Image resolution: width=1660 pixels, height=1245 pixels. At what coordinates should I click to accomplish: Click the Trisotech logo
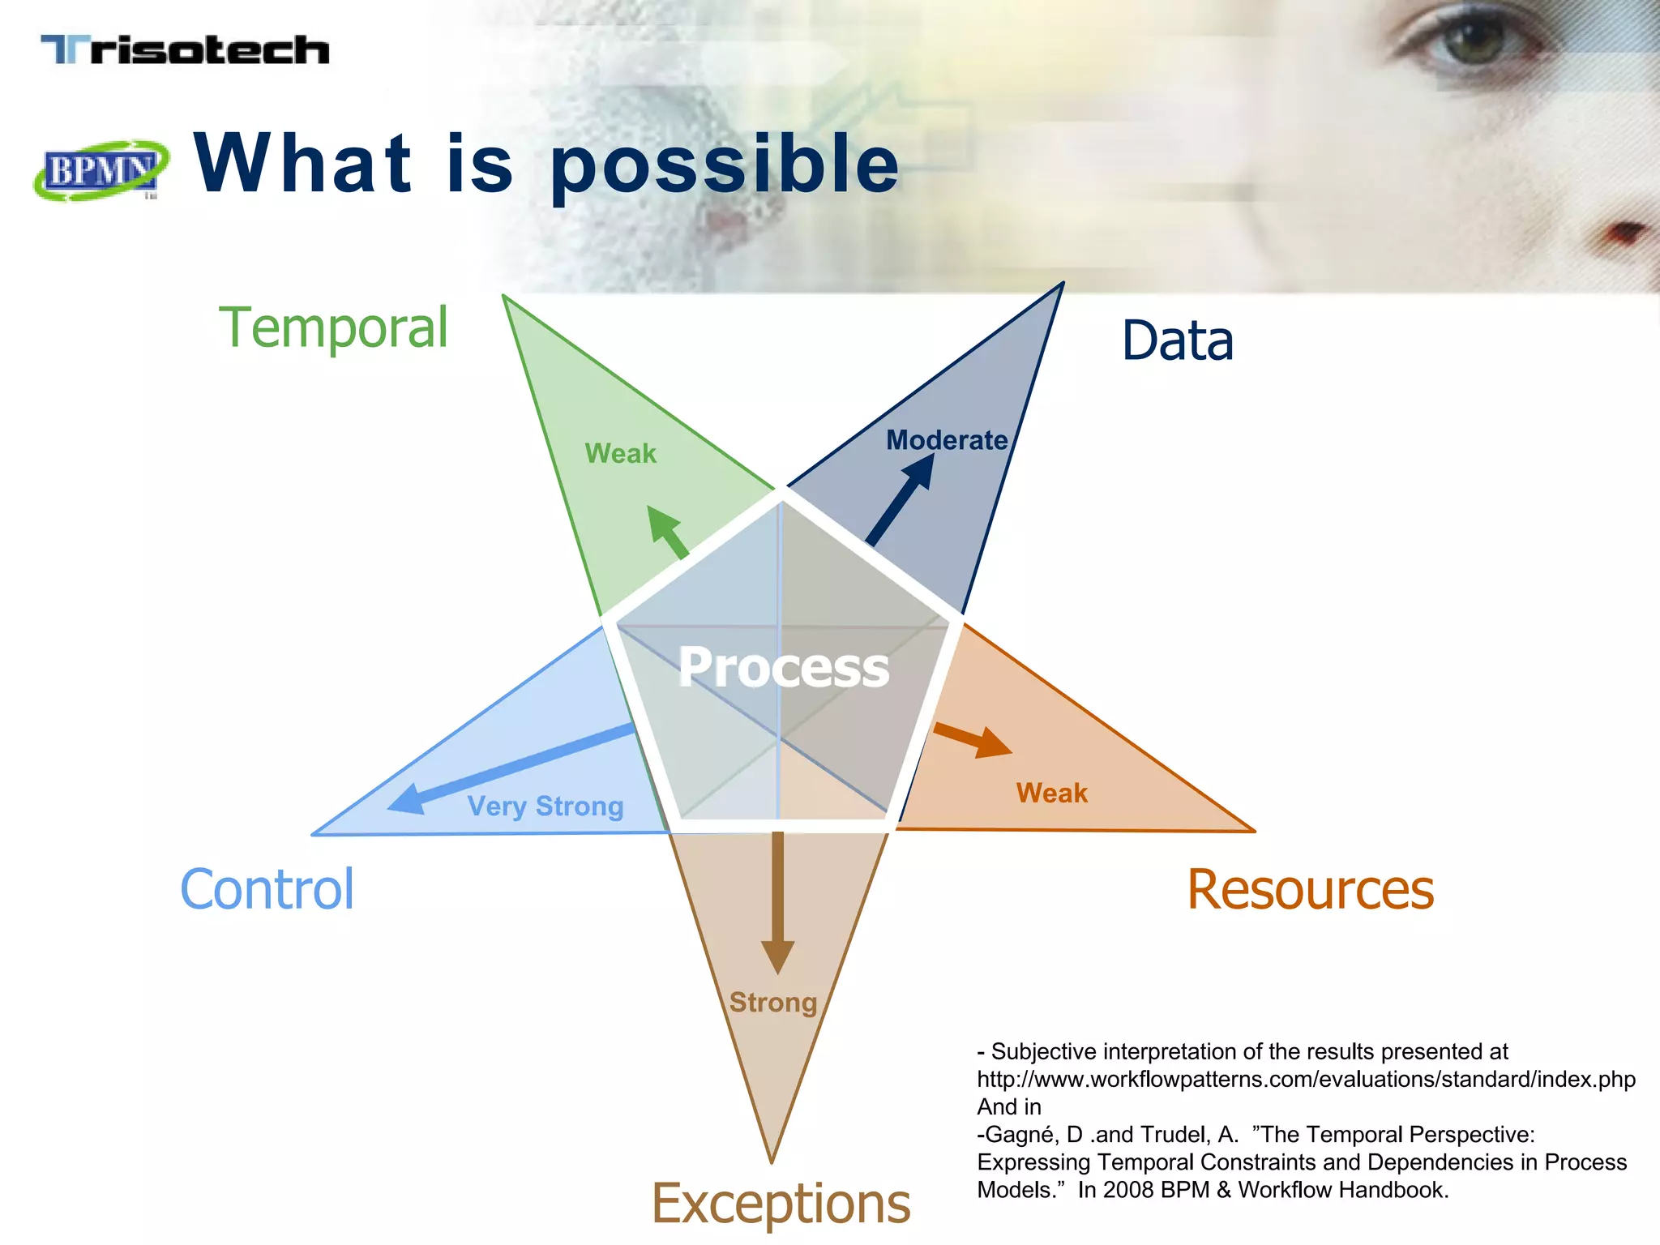185,50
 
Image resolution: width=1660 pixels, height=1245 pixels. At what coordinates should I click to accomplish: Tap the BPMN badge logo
101,170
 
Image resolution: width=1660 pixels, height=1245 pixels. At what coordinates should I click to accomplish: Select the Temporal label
333,327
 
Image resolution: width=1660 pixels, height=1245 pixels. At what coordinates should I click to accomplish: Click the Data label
1177,340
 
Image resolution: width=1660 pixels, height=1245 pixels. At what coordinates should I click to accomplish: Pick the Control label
267,889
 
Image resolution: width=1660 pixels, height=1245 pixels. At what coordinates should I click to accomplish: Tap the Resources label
1310,890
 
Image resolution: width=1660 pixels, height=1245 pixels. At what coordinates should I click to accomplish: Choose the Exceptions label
781,1204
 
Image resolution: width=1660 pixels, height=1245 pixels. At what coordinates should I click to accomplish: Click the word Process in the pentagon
783,667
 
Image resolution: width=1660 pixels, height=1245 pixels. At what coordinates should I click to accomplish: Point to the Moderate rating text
946,440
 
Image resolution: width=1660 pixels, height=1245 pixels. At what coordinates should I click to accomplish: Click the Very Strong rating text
545,806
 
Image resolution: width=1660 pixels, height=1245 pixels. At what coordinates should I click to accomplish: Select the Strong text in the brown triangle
772,1003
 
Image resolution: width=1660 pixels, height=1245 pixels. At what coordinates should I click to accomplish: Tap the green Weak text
620,453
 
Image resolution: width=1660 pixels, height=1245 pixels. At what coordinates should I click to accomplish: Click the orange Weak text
1051,793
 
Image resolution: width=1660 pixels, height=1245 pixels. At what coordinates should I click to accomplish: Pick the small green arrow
668,532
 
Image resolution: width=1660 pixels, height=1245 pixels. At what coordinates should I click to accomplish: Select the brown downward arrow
777,900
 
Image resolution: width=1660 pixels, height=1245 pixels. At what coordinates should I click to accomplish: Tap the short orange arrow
973,738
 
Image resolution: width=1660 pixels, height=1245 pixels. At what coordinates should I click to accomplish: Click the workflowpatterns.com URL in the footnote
1305,1080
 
